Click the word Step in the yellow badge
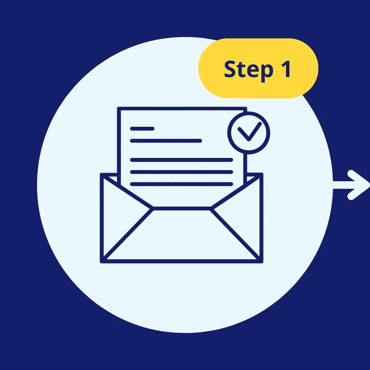248,70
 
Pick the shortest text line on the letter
142,129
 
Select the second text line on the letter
166,140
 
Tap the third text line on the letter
182,160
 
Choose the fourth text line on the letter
182,172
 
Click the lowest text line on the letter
182,184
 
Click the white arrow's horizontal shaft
343,185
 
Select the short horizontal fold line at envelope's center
182,208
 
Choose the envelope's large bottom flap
182,240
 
